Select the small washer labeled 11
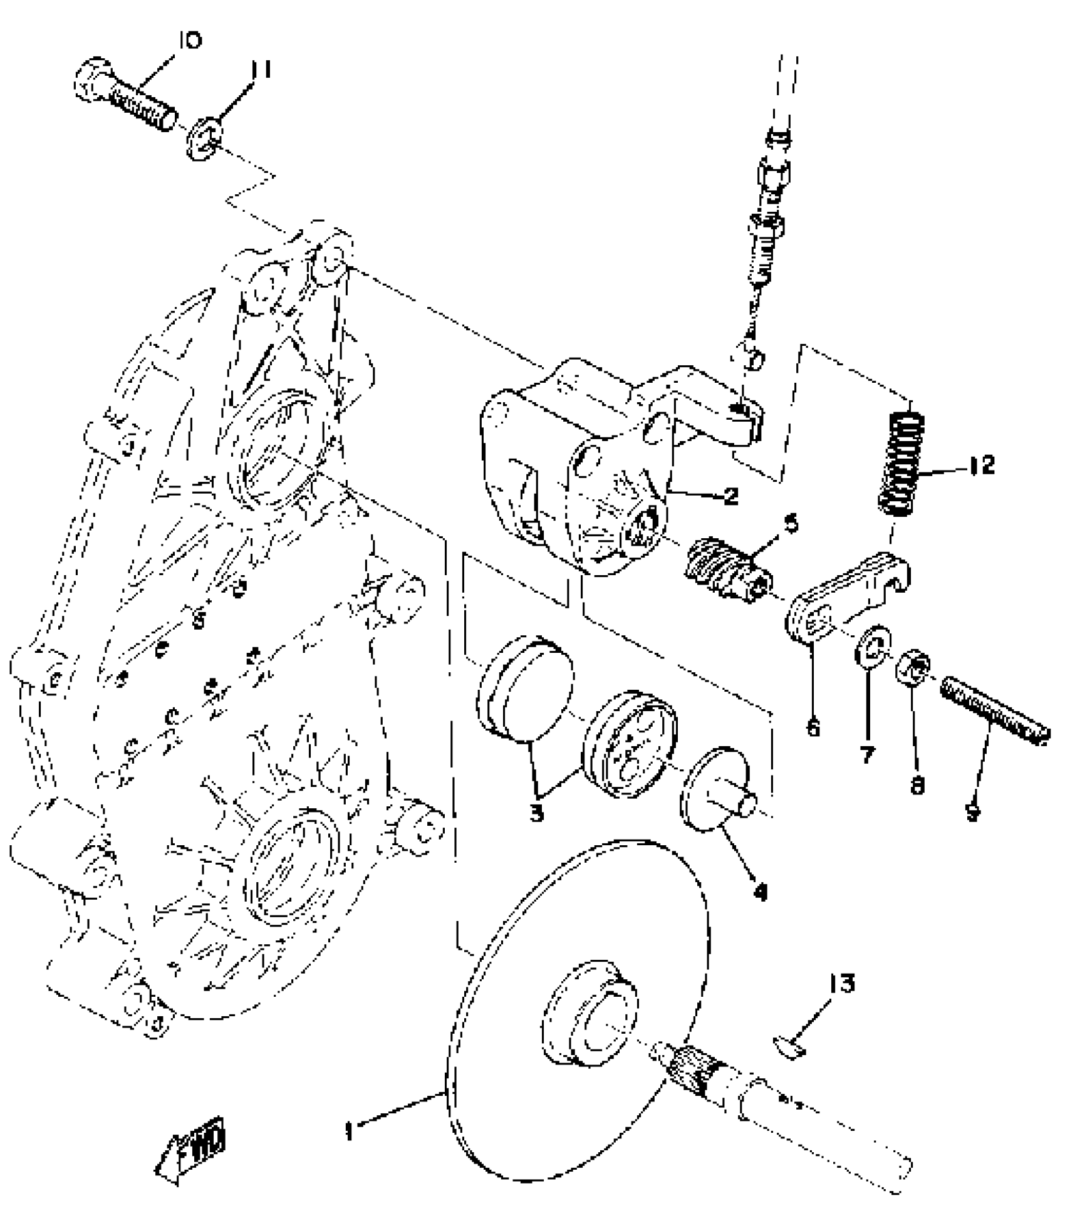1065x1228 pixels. [x=202, y=142]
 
